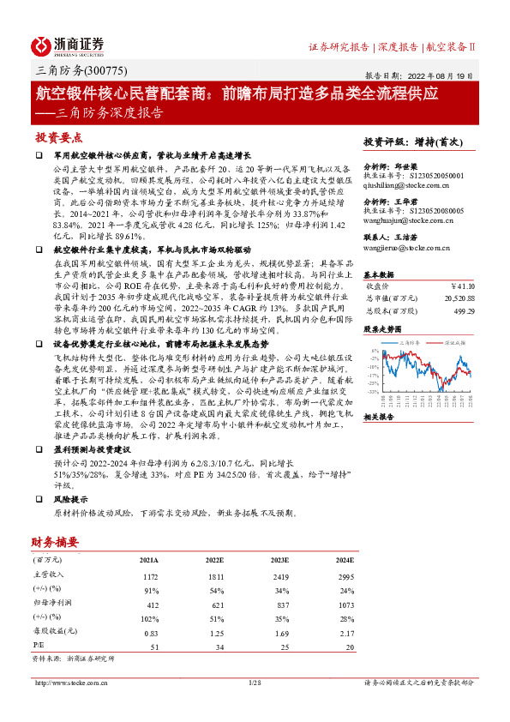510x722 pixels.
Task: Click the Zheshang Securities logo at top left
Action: [68, 45]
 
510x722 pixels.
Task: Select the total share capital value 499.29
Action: [464, 310]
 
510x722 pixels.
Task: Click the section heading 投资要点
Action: [59, 136]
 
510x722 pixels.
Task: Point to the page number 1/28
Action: [254, 683]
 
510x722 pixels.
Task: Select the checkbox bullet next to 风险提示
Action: [39, 497]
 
